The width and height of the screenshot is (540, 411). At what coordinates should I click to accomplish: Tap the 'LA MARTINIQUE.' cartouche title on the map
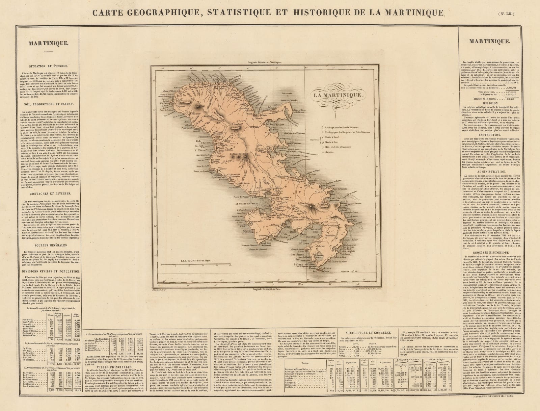[338, 95]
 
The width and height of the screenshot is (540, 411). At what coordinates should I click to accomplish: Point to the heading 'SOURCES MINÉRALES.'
[49, 246]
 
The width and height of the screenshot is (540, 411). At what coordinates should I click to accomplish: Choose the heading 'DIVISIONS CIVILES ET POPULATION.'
[49, 271]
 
